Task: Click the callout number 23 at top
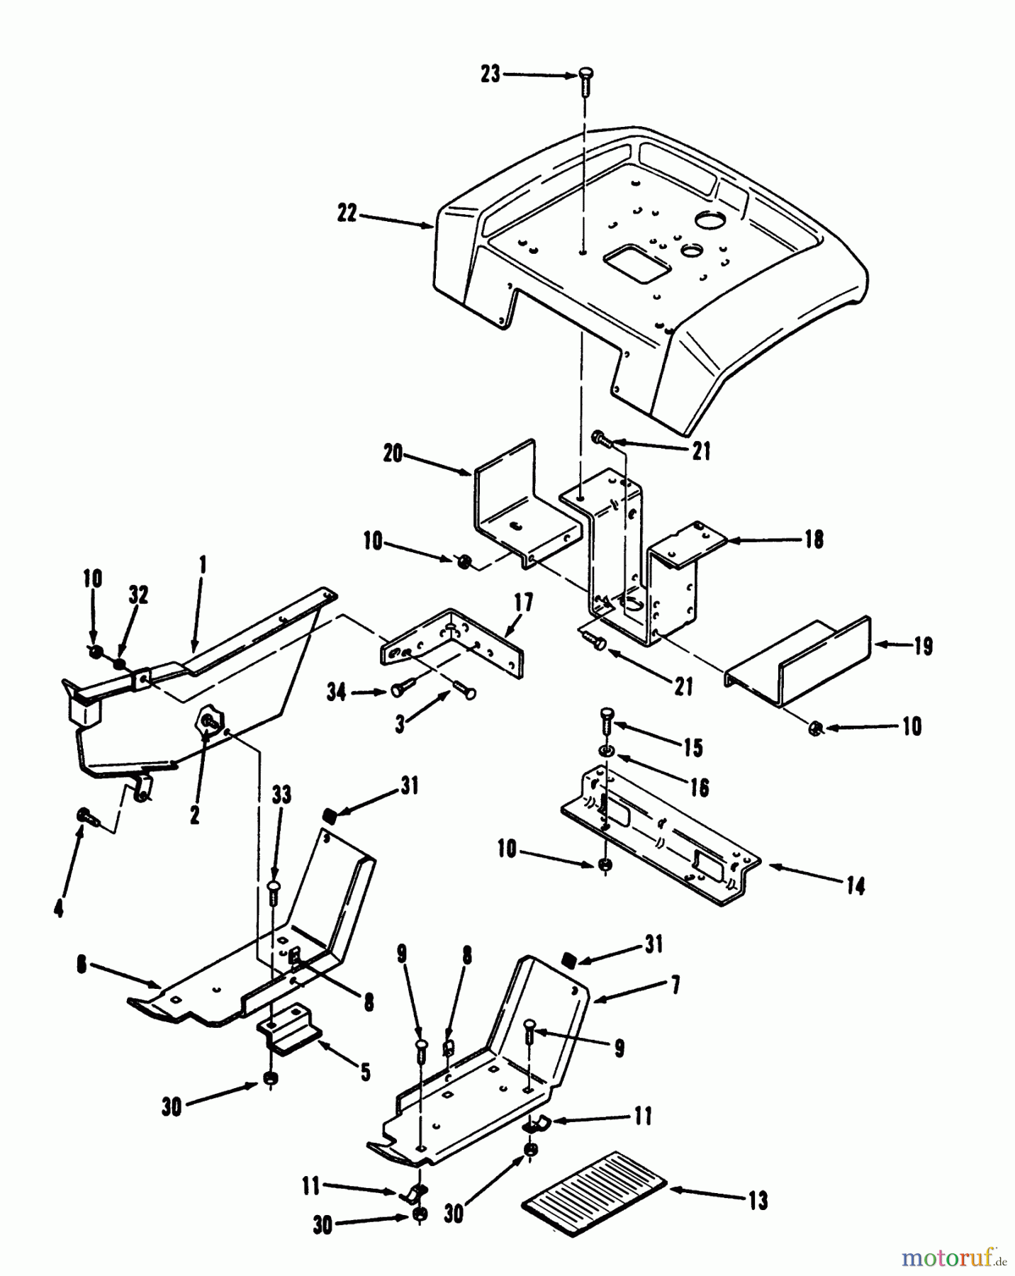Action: pyautogui.click(x=490, y=74)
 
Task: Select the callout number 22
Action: pyautogui.click(x=347, y=213)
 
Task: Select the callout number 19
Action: pyautogui.click(x=924, y=647)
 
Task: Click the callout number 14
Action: pyautogui.click(x=856, y=886)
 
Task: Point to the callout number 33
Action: pyautogui.click(x=281, y=795)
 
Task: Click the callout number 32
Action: pyautogui.click(x=138, y=595)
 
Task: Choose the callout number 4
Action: pyautogui.click(x=59, y=908)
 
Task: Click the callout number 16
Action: pyautogui.click(x=700, y=787)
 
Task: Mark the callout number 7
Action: pyautogui.click(x=675, y=985)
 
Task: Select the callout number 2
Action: pyautogui.click(x=195, y=815)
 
